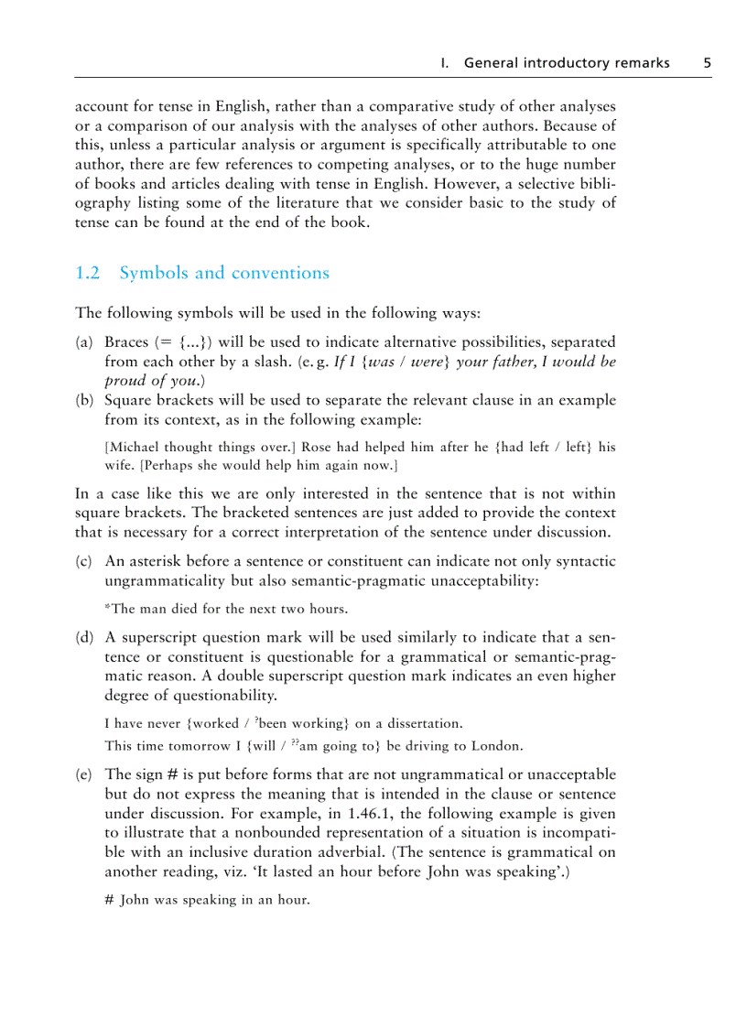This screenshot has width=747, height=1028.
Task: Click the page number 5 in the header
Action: tap(707, 63)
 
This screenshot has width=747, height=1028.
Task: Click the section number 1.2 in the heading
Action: tap(87, 273)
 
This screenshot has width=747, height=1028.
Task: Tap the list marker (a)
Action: tap(84, 341)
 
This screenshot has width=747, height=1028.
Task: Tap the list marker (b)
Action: tap(84, 400)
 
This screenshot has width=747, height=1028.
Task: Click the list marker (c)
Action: tap(84, 561)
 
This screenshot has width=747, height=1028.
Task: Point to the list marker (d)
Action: tap(84, 637)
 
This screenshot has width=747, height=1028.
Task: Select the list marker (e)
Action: tap(84, 774)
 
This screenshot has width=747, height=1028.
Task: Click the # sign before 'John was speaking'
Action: tap(109, 900)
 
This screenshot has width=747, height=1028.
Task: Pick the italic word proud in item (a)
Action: tap(125, 381)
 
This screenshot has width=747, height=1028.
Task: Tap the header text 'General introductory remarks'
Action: tap(567, 63)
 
